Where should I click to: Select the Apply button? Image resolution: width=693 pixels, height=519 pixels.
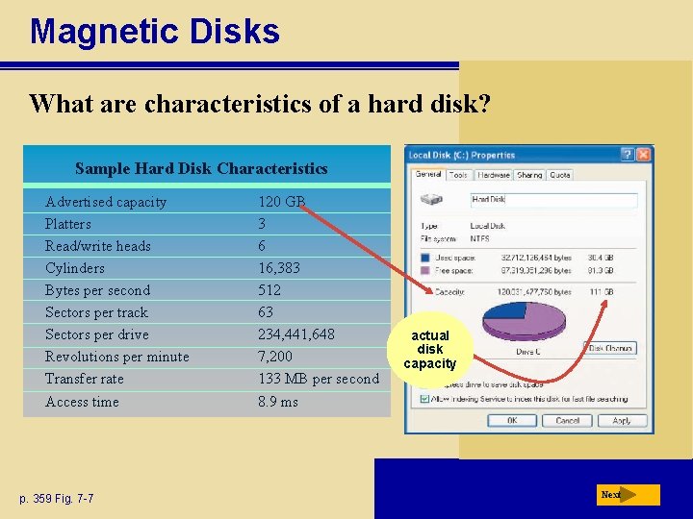(622, 420)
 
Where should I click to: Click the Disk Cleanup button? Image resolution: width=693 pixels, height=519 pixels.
(611, 349)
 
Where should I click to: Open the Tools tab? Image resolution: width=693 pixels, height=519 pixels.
(459, 175)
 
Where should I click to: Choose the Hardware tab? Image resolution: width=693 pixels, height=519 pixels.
(494, 175)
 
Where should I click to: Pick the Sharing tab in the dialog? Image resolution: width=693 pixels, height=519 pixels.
(529, 175)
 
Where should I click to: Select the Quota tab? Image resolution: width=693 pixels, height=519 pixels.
(560, 175)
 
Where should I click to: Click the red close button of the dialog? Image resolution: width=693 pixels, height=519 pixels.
(644, 154)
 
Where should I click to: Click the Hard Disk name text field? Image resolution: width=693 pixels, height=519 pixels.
(552, 200)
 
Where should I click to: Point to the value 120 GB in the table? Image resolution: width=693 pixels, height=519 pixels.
(281, 202)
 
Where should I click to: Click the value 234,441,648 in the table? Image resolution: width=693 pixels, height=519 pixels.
(295, 334)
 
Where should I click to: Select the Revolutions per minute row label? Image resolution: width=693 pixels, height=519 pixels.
(116, 357)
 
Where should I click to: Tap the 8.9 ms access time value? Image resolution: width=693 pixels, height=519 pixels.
(277, 402)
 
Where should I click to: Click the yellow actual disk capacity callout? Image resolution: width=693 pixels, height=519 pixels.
(429, 350)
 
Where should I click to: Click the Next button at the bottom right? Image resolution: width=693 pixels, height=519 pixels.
(627, 495)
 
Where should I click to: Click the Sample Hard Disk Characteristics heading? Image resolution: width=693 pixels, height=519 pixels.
(201, 169)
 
